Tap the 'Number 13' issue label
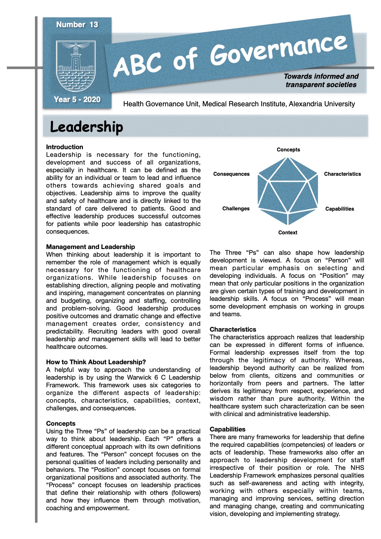click(77, 25)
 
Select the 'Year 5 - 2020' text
click(77, 100)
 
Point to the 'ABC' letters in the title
click(138, 64)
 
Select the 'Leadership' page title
click(86, 127)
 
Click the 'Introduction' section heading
click(64, 147)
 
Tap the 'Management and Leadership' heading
click(90, 247)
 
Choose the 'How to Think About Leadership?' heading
click(96, 362)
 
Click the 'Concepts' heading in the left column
click(61, 423)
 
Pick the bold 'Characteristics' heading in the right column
click(233, 329)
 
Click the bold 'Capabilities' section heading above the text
click(227, 429)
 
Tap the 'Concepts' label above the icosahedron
click(288, 149)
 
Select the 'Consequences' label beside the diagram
click(231, 174)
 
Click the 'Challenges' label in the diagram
click(236, 208)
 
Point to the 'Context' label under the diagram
click(288, 232)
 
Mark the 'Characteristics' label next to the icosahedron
click(342, 174)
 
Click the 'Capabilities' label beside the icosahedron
click(339, 209)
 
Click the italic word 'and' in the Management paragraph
click(84, 339)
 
